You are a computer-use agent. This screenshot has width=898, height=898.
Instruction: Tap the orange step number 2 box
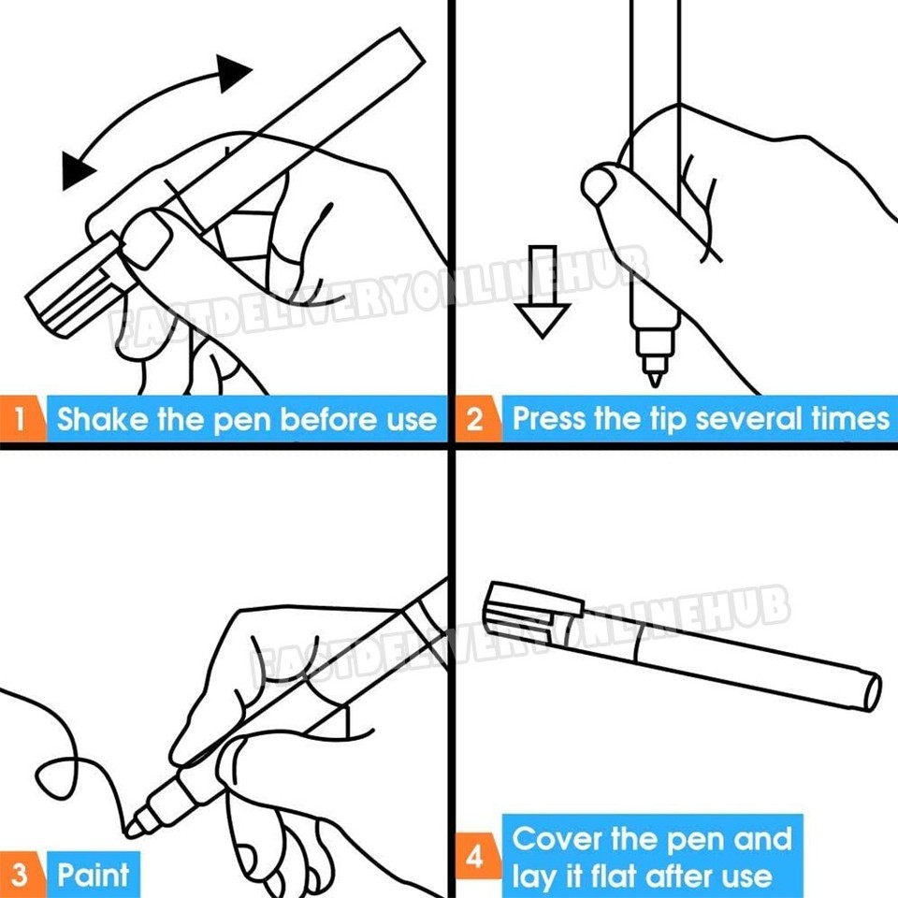click(475, 418)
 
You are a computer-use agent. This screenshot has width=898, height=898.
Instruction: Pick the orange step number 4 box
click(475, 857)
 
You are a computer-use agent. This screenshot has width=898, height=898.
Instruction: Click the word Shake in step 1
click(102, 418)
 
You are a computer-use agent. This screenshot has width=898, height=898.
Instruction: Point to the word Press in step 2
click(550, 418)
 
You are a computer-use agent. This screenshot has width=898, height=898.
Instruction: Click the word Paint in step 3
click(94, 876)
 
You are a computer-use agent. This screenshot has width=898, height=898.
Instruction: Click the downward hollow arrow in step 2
click(543, 290)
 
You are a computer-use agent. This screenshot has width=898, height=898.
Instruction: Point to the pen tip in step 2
click(655, 377)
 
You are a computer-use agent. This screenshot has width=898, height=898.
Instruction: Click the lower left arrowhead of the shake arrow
click(78, 168)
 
